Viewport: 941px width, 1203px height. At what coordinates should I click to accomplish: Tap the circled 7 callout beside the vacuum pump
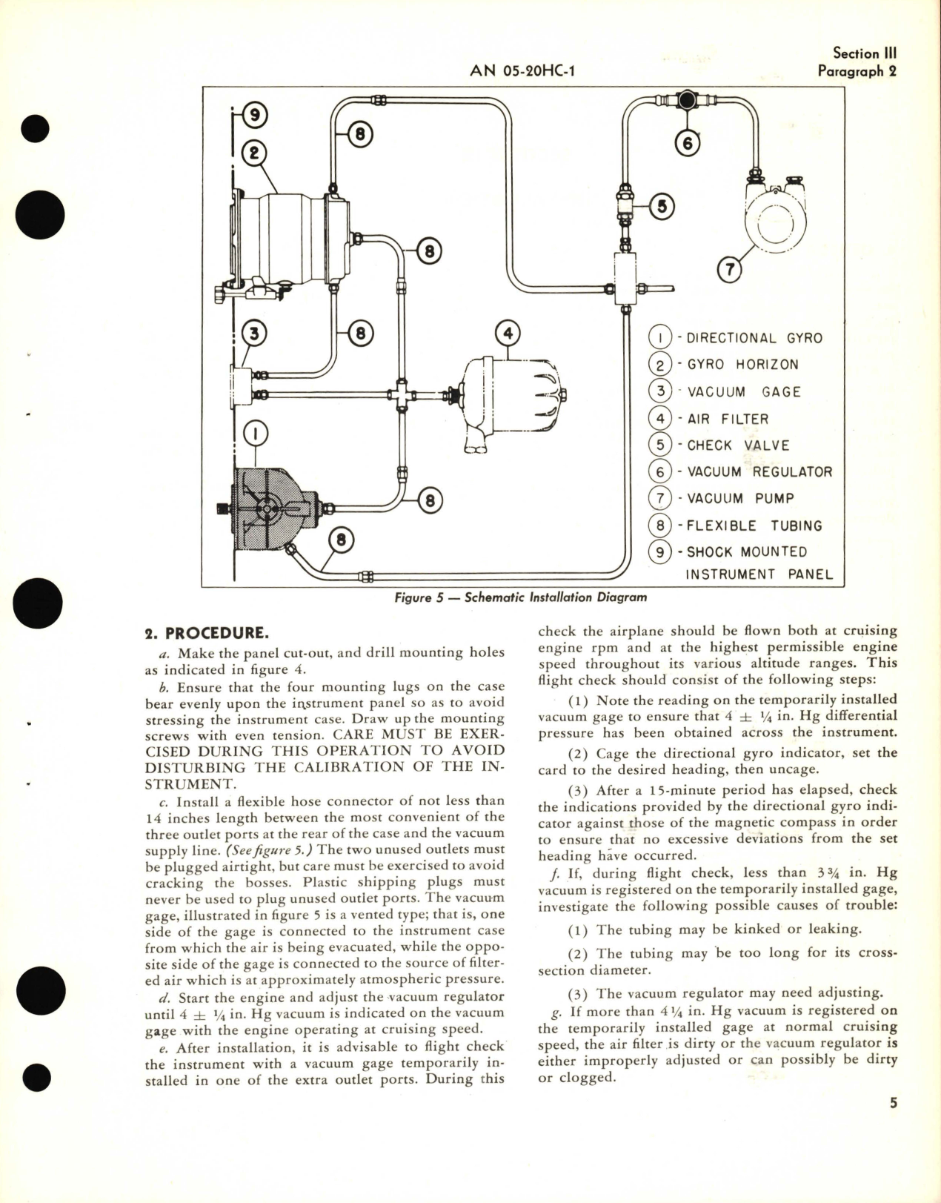[x=730, y=270]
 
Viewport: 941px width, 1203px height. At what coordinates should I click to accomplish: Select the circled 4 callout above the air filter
[x=508, y=334]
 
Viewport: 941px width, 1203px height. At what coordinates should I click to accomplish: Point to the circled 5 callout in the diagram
[x=662, y=207]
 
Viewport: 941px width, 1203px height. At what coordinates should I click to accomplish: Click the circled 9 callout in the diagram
[x=254, y=115]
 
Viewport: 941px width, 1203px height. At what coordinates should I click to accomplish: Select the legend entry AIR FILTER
[x=728, y=419]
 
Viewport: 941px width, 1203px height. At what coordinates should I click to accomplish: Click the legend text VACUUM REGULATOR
[x=759, y=472]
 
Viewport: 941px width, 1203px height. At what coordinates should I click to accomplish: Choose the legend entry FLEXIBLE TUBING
[x=754, y=526]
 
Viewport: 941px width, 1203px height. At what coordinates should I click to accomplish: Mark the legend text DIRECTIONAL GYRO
[x=754, y=338]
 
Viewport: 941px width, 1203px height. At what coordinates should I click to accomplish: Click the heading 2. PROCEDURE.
[x=206, y=634]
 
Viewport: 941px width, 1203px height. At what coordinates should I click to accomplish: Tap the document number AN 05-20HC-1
[x=523, y=71]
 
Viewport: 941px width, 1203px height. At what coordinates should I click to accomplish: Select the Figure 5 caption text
[x=521, y=597]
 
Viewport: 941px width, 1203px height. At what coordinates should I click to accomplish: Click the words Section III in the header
[x=865, y=53]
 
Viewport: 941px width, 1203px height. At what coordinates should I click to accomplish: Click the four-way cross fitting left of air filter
[x=402, y=394]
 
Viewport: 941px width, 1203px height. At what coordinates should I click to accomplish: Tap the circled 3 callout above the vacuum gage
[x=254, y=334]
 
